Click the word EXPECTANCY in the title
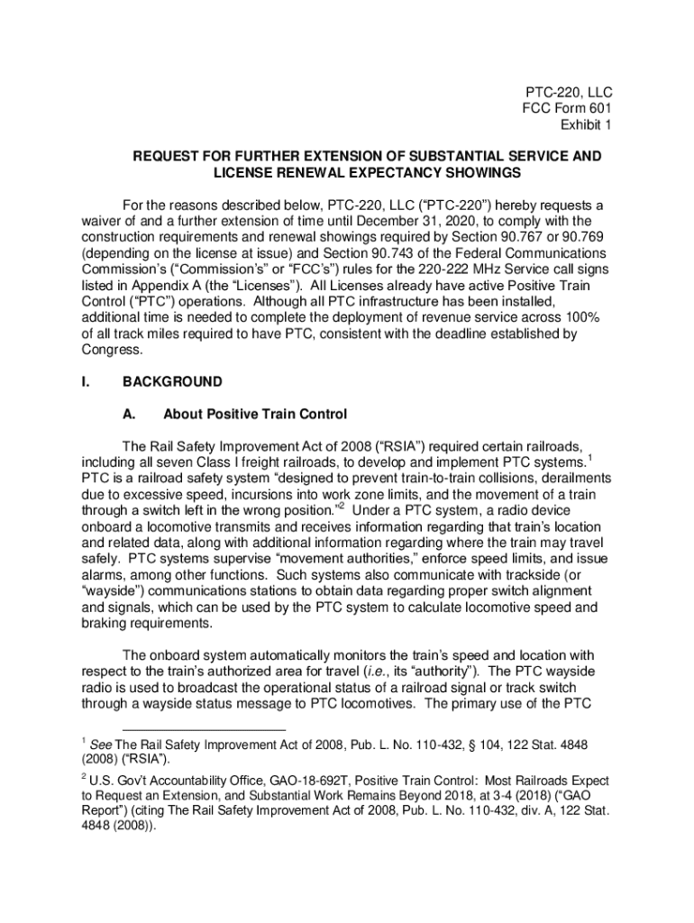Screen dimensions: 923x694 (378, 172)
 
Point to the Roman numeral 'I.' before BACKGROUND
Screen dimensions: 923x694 (86, 382)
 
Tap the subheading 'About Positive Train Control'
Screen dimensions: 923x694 (255, 415)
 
